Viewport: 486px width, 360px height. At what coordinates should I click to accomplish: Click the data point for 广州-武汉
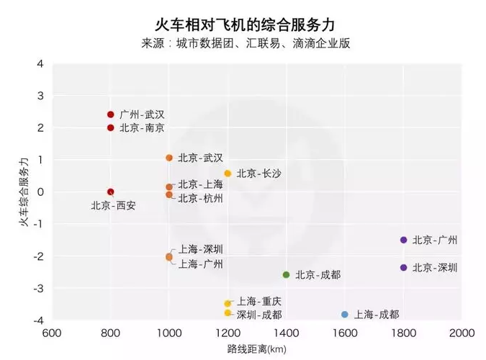(x=110, y=114)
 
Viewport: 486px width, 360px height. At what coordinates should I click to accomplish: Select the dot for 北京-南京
(x=110, y=127)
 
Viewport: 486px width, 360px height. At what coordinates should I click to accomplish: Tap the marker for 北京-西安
(x=110, y=192)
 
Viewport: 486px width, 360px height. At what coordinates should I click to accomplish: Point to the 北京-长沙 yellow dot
(x=228, y=174)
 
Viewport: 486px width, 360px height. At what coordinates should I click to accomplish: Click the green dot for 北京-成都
(x=286, y=275)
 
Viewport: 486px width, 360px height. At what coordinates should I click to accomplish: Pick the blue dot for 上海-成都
(x=345, y=315)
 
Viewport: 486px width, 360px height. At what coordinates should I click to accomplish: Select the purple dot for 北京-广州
(x=403, y=240)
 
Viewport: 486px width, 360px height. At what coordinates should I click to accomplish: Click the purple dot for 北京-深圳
(x=403, y=268)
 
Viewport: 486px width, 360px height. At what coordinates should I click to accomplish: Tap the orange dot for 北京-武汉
(x=169, y=158)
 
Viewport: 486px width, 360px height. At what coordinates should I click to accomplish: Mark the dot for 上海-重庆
(x=228, y=304)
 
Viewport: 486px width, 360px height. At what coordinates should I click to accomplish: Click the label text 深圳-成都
(x=259, y=315)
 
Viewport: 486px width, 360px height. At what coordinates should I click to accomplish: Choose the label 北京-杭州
(x=200, y=198)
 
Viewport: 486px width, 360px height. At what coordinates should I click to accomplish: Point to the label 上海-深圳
(x=201, y=250)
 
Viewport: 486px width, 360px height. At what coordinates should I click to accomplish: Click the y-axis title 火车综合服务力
(x=24, y=191)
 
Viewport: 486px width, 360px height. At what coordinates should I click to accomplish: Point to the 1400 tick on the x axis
(x=286, y=333)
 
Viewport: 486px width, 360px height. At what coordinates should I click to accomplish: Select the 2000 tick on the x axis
(x=462, y=333)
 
